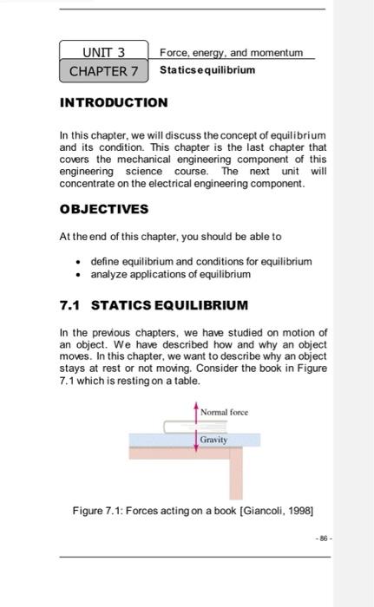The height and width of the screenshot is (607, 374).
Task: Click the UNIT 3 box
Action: (x=103, y=52)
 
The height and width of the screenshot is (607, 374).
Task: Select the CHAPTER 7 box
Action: (x=103, y=69)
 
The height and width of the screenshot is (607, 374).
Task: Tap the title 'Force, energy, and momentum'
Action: (x=231, y=53)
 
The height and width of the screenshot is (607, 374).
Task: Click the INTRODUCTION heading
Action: (x=114, y=102)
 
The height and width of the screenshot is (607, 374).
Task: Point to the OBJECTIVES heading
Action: (x=104, y=209)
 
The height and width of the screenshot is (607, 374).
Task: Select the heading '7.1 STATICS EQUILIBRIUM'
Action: (x=154, y=305)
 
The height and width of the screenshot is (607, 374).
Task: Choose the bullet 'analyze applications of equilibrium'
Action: (x=170, y=274)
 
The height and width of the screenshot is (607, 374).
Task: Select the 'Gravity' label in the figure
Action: (x=213, y=440)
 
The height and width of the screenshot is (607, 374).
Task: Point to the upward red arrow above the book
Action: (x=194, y=414)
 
